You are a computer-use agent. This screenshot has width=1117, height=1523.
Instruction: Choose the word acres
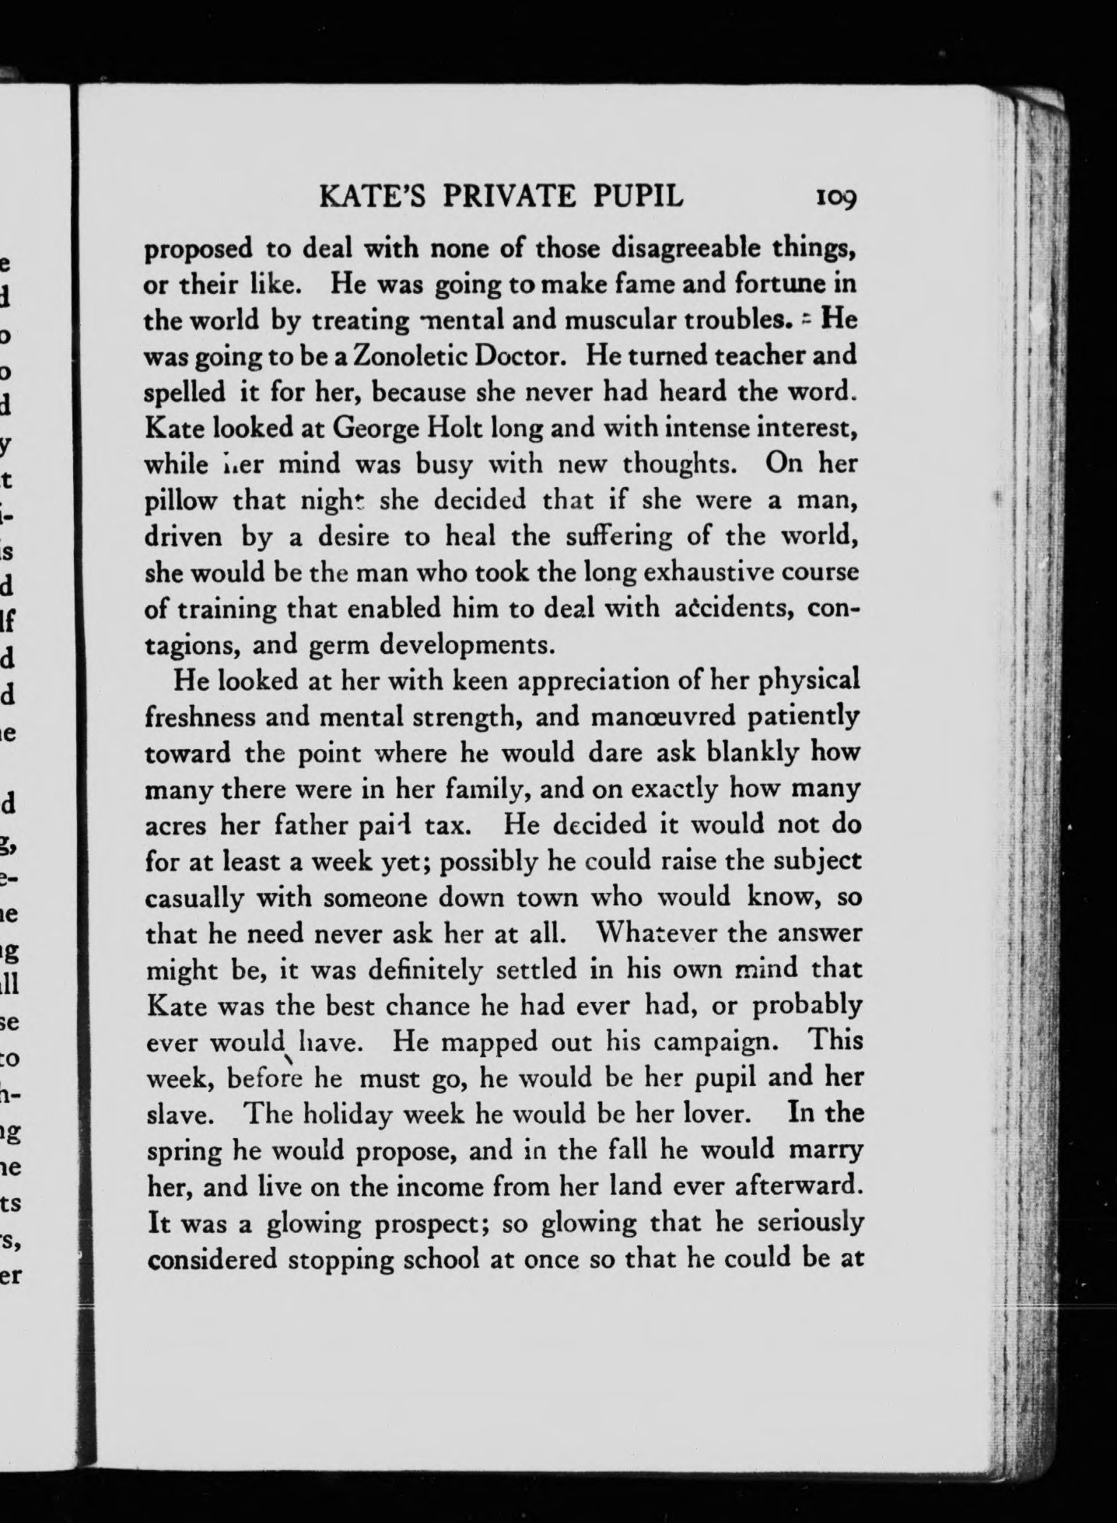177,824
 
